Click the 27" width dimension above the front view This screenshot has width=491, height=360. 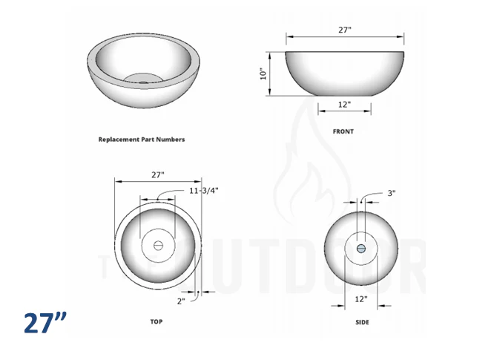pyautogui.click(x=344, y=30)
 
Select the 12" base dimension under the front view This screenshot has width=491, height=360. pyautogui.click(x=344, y=105)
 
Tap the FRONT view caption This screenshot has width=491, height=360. pyautogui.click(x=343, y=131)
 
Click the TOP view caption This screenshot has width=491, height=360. pyautogui.click(x=156, y=321)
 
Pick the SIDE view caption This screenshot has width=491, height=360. pyautogui.click(x=361, y=322)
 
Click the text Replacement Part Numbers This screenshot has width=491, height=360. pyautogui.click(x=142, y=139)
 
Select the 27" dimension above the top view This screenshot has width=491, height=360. pyautogui.click(x=158, y=174)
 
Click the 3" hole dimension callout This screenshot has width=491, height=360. pyautogui.click(x=391, y=193)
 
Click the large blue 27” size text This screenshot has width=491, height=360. pyautogui.click(x=45, y=324)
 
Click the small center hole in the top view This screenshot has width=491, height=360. pyautogui.click(x=157, y=245)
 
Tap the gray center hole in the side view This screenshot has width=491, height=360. pyautogui.click(x=360, y=248)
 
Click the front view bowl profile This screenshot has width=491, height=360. pyautogui.click(x=345, y=73)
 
